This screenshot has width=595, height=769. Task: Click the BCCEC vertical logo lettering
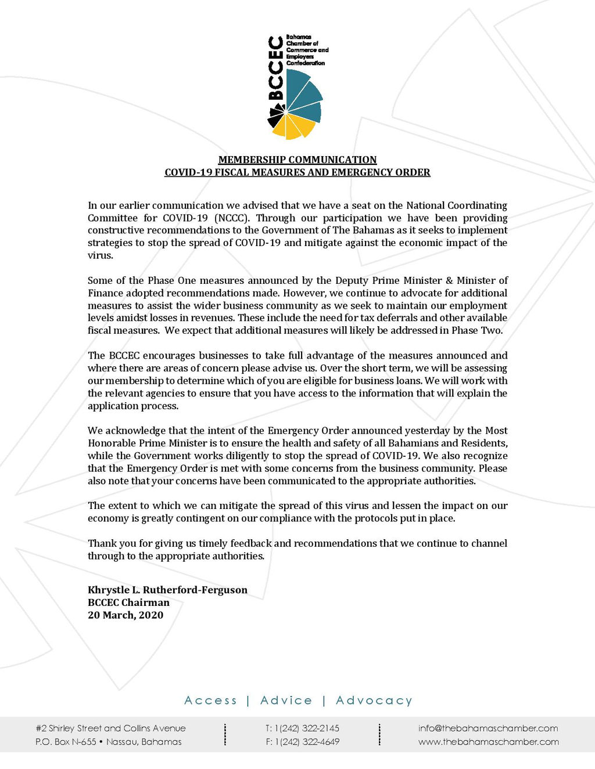coord(275,68)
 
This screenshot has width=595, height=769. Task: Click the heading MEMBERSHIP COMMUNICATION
coord(297,160)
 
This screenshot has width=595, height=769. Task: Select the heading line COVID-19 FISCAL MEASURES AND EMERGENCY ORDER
coord(297,172)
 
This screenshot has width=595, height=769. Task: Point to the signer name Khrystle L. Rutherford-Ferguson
coord(167,590)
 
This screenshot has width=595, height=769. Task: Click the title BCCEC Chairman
coord(128,602)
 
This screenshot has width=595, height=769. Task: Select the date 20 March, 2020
coord(126,615)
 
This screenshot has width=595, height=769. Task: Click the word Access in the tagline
coord(210,701)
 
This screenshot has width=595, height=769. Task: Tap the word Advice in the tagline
coord(286,701)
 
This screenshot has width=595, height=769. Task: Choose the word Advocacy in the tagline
coord(374,701)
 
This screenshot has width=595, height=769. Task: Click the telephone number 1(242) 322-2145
coord(307,728)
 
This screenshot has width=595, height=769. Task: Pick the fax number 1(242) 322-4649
coord(307,742)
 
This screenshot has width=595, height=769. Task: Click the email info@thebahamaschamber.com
coord(488,728)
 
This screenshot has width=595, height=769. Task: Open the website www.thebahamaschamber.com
coord(489,742)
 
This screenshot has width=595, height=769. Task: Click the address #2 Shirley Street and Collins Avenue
coord(111,728)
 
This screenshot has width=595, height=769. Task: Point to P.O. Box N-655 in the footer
coord(66,742)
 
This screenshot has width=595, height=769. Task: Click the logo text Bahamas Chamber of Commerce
coord(307,46)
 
